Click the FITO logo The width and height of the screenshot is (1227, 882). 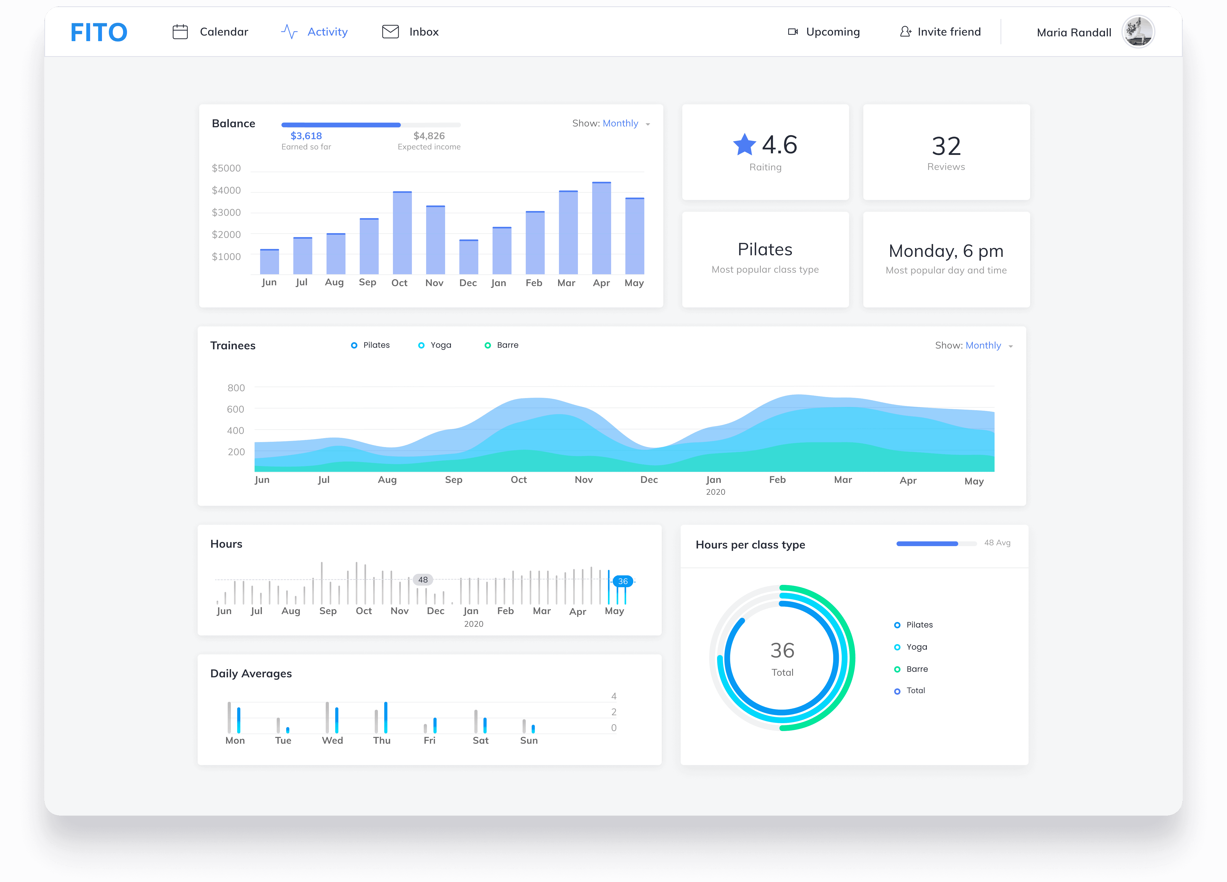tap(99, 32)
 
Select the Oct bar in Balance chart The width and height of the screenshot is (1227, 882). tap(402, 233)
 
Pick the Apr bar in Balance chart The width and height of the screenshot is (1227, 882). tap(602, 228)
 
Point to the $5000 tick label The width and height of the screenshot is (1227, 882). tap(226, 168)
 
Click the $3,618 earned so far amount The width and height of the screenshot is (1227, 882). tap(306, 136)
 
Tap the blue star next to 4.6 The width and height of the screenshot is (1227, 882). tap(744, 144)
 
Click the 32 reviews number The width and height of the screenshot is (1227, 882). tap(946, 146)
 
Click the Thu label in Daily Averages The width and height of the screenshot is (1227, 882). tap(381, 740)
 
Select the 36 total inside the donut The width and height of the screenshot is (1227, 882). tap(782, 650)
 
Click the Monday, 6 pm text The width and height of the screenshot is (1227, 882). tap(946, 251)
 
